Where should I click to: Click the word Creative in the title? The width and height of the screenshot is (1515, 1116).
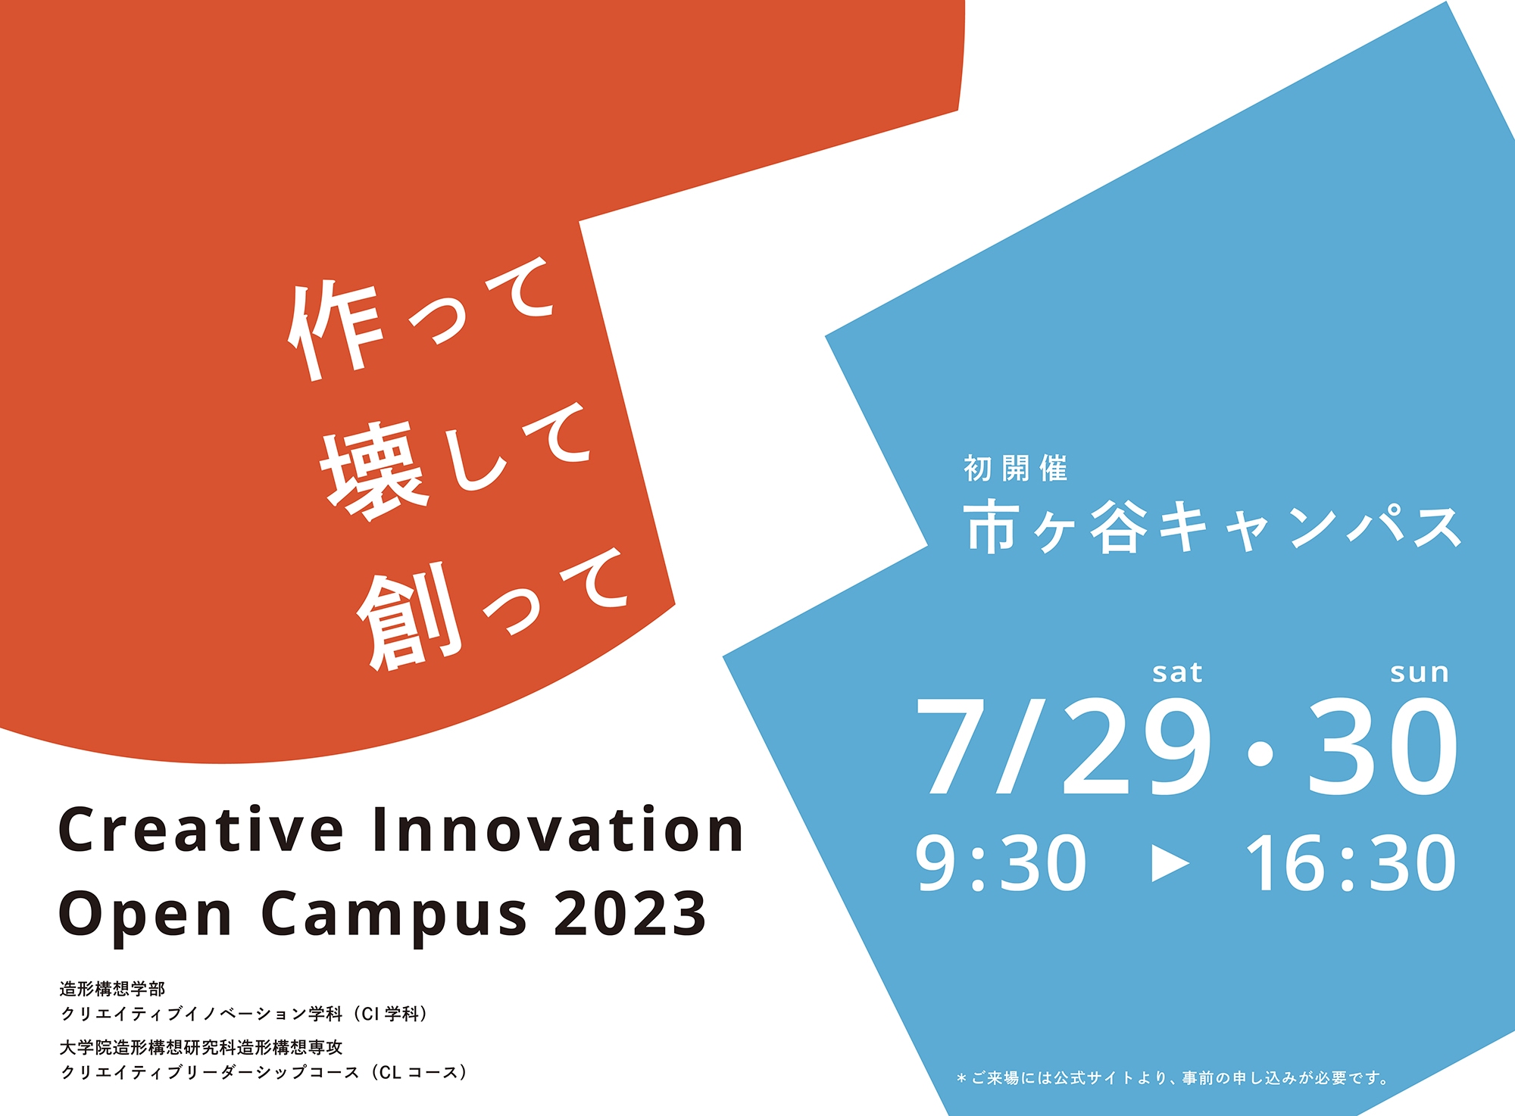click(x=201, y=831)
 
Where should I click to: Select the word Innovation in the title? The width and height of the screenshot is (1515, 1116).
click(x=558, y=831)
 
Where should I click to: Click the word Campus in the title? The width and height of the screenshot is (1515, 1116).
click(x=394, y=918)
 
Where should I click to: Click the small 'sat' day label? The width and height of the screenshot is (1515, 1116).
click(x=1177, y=672)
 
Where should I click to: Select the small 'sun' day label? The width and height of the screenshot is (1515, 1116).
click(x=1420, y=673)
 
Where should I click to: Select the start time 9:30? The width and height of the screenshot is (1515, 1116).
click(x=1001, y=863)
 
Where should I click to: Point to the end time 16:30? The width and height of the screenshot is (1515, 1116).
click(x=1351, y=863)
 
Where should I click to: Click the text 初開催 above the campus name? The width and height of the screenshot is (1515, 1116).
click(x=1016, y=469)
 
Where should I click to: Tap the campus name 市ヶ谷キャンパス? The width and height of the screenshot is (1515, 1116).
click(x=1213, y=527)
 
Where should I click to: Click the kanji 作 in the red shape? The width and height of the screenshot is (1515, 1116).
click(x=333, y=330)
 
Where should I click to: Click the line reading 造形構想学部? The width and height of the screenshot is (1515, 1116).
click(x=112, y=989)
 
